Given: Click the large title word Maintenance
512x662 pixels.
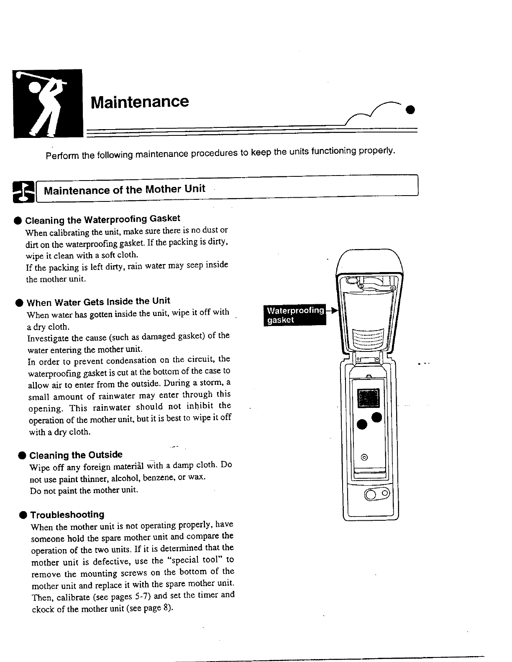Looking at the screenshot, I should pyautogui.click(x=140, y=102).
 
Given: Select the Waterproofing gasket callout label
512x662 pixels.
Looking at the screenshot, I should pyautogui.click(x=295, y=315).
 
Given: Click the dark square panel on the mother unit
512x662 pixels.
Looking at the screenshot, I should pyautogui.click(x=368, y=398).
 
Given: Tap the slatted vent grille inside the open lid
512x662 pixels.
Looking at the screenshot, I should pyautogui.click(x=368, y=338).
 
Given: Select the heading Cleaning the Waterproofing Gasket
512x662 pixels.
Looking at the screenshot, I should pyautogui.click(x=102, y=219).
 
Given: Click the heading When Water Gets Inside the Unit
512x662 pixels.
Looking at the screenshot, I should pyautogui.click(x=98, y=301).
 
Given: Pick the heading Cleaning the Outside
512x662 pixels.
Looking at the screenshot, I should pyautogui.click(x=76, y=455).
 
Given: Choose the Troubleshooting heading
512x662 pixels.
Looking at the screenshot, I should pyautogui.click(x=67, y=515).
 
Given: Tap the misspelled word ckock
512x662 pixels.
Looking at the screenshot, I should pyautogui.click(x=43, y=609).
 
